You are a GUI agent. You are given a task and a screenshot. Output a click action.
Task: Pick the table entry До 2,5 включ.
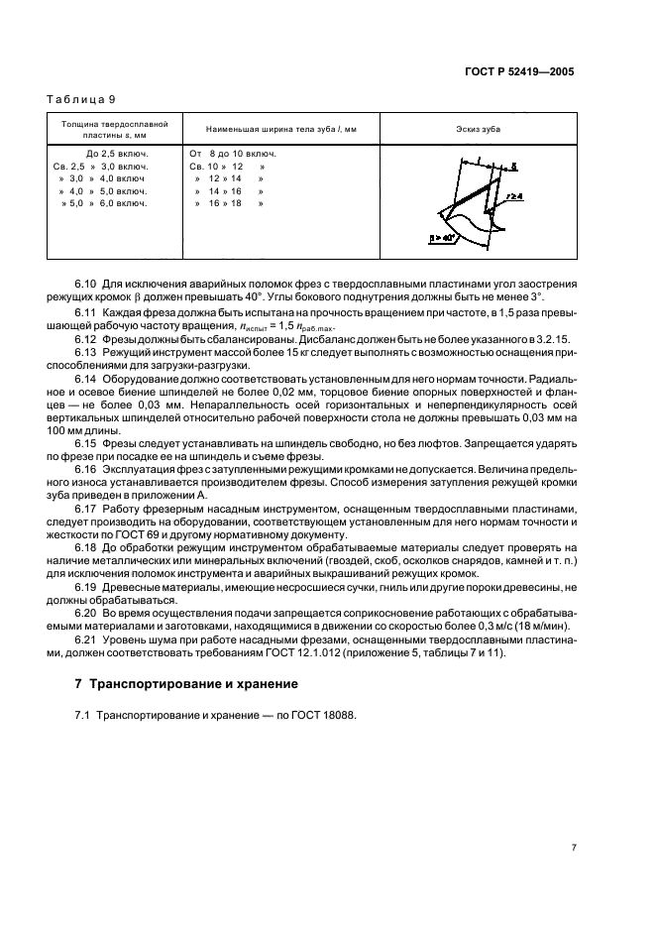[117, 155]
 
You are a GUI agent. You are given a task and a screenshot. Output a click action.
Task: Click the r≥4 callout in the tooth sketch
[514, 197]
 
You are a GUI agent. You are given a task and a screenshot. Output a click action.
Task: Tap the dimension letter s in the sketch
[513, 167]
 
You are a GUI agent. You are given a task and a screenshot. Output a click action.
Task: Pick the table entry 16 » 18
[225, 203]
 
